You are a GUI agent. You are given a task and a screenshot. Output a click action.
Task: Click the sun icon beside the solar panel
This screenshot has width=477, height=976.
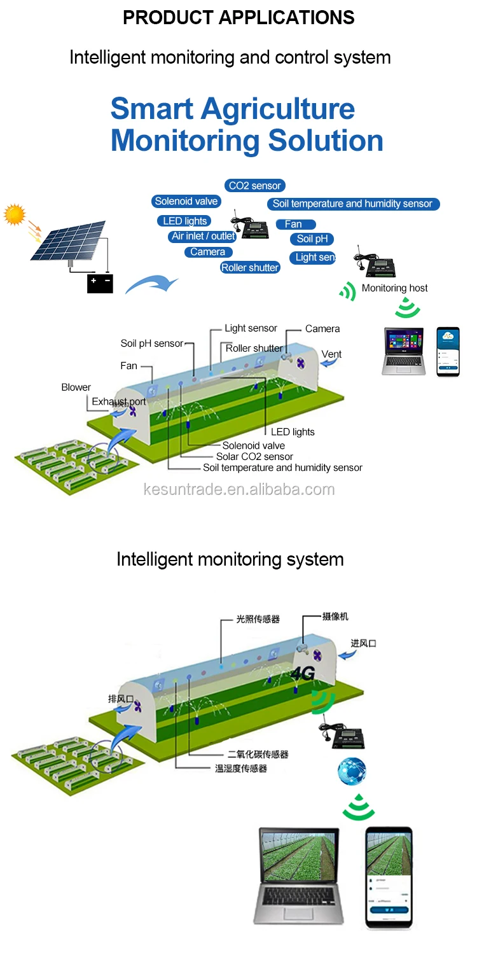(x=14, y=214)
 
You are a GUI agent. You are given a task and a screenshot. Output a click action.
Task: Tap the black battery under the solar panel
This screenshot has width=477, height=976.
(x=100, y=282)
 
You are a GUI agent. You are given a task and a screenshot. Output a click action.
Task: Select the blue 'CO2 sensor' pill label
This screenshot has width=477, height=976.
(x=254, y=186)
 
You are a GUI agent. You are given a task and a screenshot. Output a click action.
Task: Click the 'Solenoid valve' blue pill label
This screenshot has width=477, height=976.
(x=186, y=201)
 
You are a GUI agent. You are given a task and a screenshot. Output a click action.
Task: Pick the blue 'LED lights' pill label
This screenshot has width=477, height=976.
(x=184, y=221)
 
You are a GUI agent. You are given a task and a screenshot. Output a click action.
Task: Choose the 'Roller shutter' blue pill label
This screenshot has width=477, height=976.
(x=250, y=268)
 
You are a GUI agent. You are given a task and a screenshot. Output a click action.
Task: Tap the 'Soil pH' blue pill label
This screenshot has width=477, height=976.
(x=312, y=239)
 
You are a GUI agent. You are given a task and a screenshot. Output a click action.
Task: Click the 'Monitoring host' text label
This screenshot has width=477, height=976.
(x=394, y=288)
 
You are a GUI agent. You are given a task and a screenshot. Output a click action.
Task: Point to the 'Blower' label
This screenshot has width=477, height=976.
(x=76, y=387)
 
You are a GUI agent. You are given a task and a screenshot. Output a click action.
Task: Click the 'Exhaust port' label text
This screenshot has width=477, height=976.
(x=118, y=401)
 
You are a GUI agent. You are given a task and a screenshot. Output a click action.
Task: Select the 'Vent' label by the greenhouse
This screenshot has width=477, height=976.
(x=331, y=354)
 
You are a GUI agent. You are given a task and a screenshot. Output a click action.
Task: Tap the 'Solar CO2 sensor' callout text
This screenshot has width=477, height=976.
(x=254, y=456)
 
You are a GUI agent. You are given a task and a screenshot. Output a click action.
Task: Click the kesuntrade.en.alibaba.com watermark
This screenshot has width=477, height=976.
(x=239, y=489)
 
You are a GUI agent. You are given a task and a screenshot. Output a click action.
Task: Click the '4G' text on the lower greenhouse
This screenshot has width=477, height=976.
(x=303, y=674)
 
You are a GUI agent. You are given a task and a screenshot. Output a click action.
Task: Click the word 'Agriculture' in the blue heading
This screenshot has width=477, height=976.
(x=278, y=109)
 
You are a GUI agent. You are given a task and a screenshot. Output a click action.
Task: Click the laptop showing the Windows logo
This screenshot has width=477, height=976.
(x=403, y=351)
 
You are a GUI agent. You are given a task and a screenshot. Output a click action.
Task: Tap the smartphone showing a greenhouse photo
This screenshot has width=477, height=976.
(x=389, y=878)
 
